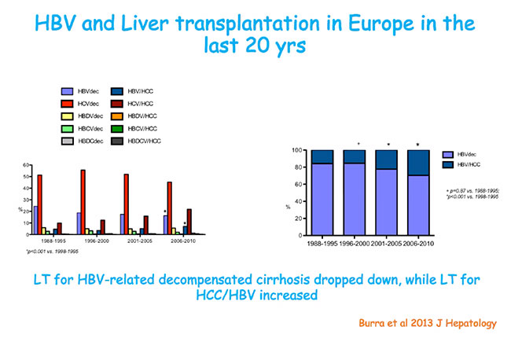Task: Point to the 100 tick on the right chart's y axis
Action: click(297, 150)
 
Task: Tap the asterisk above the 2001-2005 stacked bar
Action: click(388, 144)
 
